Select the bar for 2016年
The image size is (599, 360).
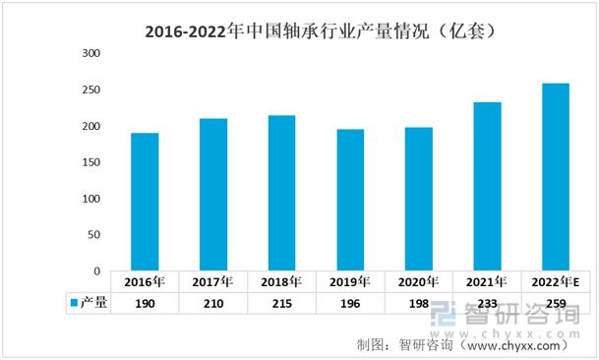click(145, 202)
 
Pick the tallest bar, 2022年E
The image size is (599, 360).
click(555, 177)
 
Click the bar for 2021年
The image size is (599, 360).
click(487, 186)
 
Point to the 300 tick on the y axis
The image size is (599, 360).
click(91, 54)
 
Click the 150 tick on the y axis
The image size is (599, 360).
click(91, 162)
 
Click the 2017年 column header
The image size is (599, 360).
click(213, 281)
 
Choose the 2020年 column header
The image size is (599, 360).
click(418, 281)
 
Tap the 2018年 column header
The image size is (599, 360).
click(281, 281)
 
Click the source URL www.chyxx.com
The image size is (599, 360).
click(516, 345)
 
